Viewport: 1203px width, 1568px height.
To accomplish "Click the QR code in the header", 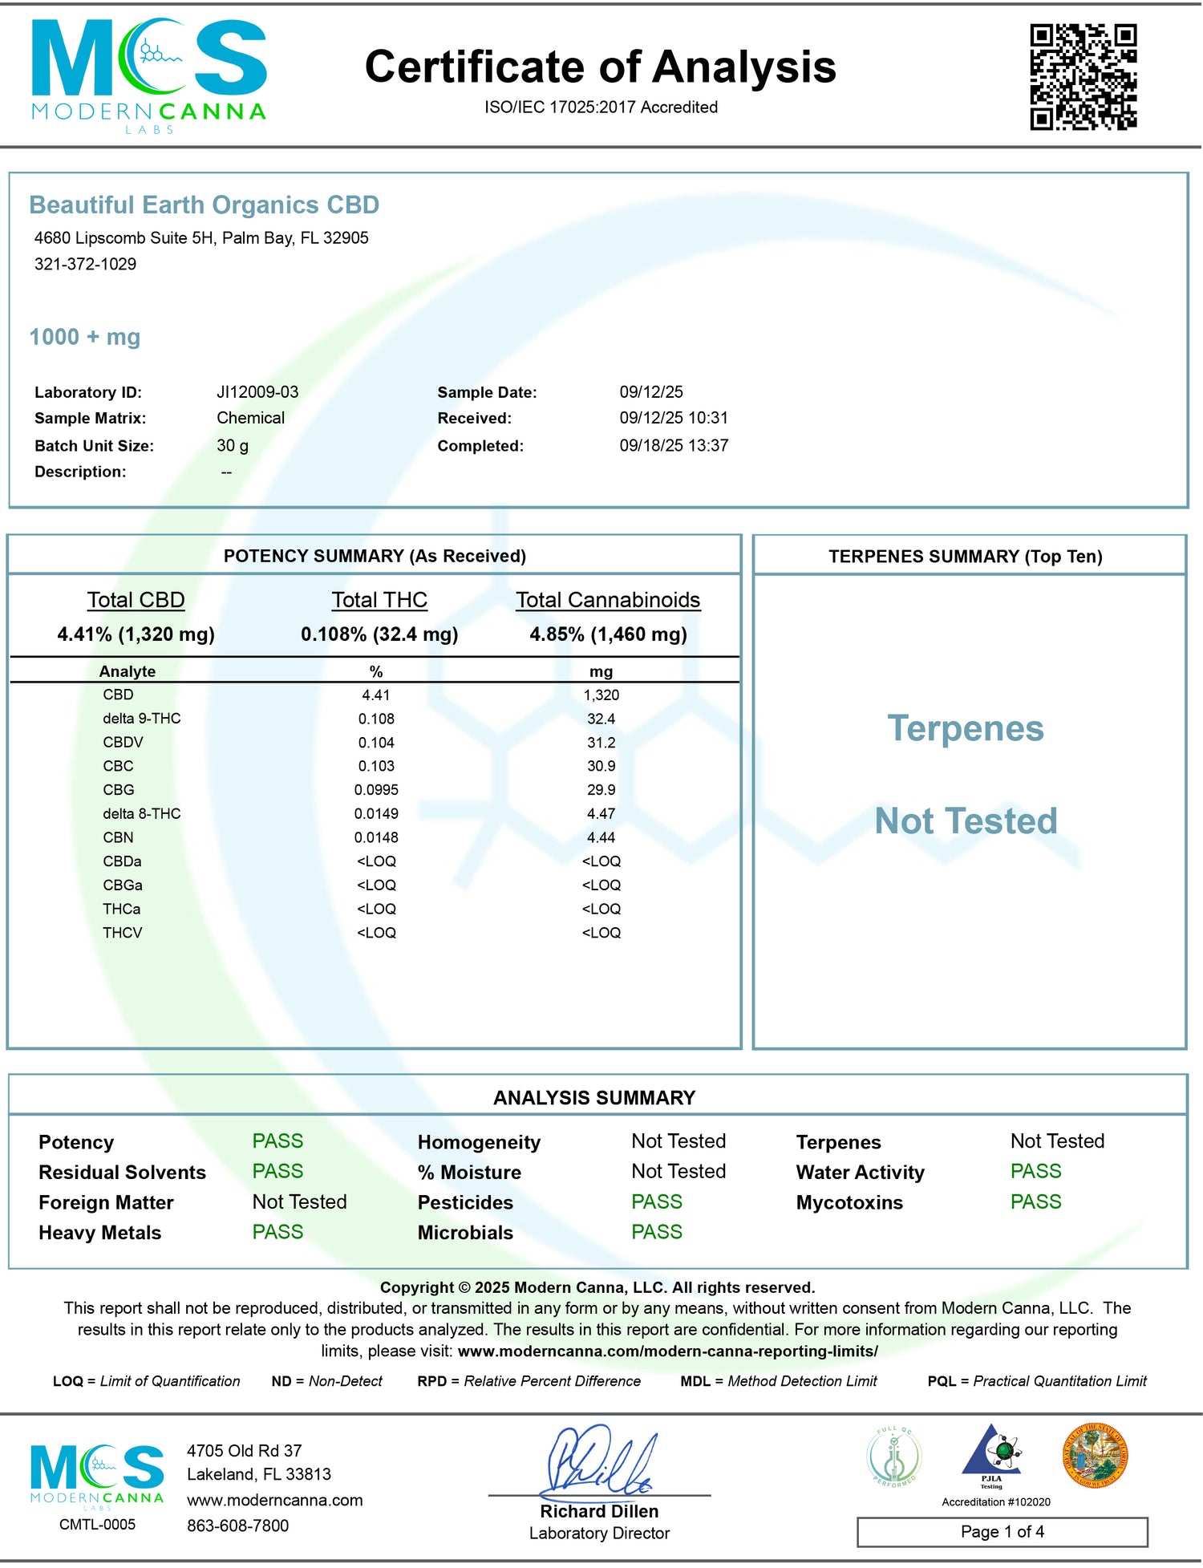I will [x=1083, y=76].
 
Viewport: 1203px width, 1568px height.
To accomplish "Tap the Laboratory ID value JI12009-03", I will [x=257, y=392].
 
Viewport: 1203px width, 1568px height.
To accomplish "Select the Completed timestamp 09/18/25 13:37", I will [x=674, y=445].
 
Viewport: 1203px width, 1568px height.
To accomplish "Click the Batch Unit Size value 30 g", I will [x=233, y=445].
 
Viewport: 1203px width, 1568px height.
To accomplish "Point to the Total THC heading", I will [x=379, y=600].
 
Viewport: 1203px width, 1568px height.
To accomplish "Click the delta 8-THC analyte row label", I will [x=141, y=813].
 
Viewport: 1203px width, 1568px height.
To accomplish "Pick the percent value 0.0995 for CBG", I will [x=376, y=790].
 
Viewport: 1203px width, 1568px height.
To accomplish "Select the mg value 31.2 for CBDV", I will [x=601, y=743].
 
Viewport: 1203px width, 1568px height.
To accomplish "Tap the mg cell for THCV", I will [x=601, y=933].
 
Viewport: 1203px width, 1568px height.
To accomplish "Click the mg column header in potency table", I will [x=601, y=671].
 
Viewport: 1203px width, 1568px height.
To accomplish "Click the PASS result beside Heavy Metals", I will [x=277, y=1232].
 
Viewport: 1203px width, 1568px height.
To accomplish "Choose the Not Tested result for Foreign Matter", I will [x=299, y=1201].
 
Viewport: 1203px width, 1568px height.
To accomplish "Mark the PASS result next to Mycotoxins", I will [x=1035, y=1201].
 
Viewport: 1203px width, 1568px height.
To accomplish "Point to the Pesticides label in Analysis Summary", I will [x=465, y=1202].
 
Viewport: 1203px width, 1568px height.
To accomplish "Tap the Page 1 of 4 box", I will [x=1002, y=1531].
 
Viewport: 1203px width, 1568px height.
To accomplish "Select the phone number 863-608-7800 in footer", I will [x=237, y=1525].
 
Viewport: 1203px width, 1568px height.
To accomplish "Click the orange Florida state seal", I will [x=1095, y=1456].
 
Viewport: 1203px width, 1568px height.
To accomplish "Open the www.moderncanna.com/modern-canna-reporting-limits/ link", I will [x=667, y=1351].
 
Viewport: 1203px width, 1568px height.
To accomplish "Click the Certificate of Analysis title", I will [x=600, y=67].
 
